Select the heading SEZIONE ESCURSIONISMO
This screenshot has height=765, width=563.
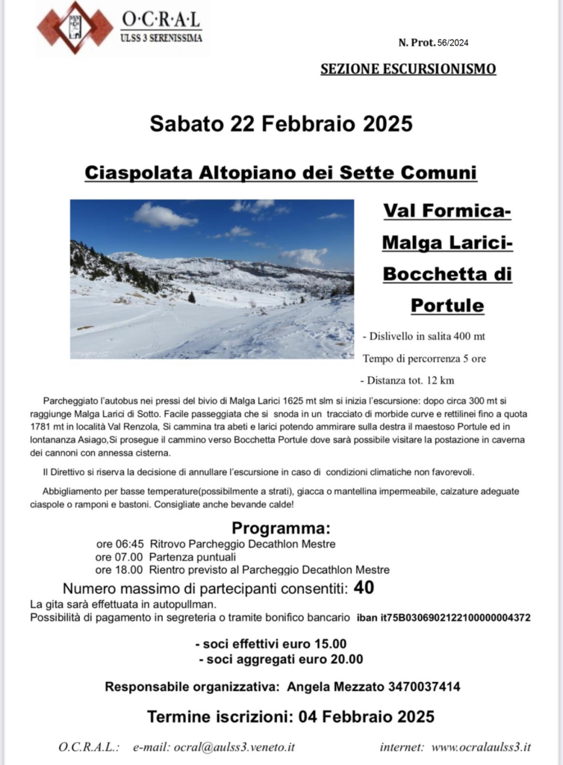coord(408,69)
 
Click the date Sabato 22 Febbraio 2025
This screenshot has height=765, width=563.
coord(281,123)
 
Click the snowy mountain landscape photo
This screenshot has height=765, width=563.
coord(212,279)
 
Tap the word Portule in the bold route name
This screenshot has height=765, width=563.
coord(447,306)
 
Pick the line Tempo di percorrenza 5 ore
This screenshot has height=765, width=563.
coord(424,359)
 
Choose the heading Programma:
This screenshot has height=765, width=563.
coord(281,528)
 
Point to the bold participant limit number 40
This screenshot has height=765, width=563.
coord(364,587)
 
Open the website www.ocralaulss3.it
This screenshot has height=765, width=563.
coord(481,746)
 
